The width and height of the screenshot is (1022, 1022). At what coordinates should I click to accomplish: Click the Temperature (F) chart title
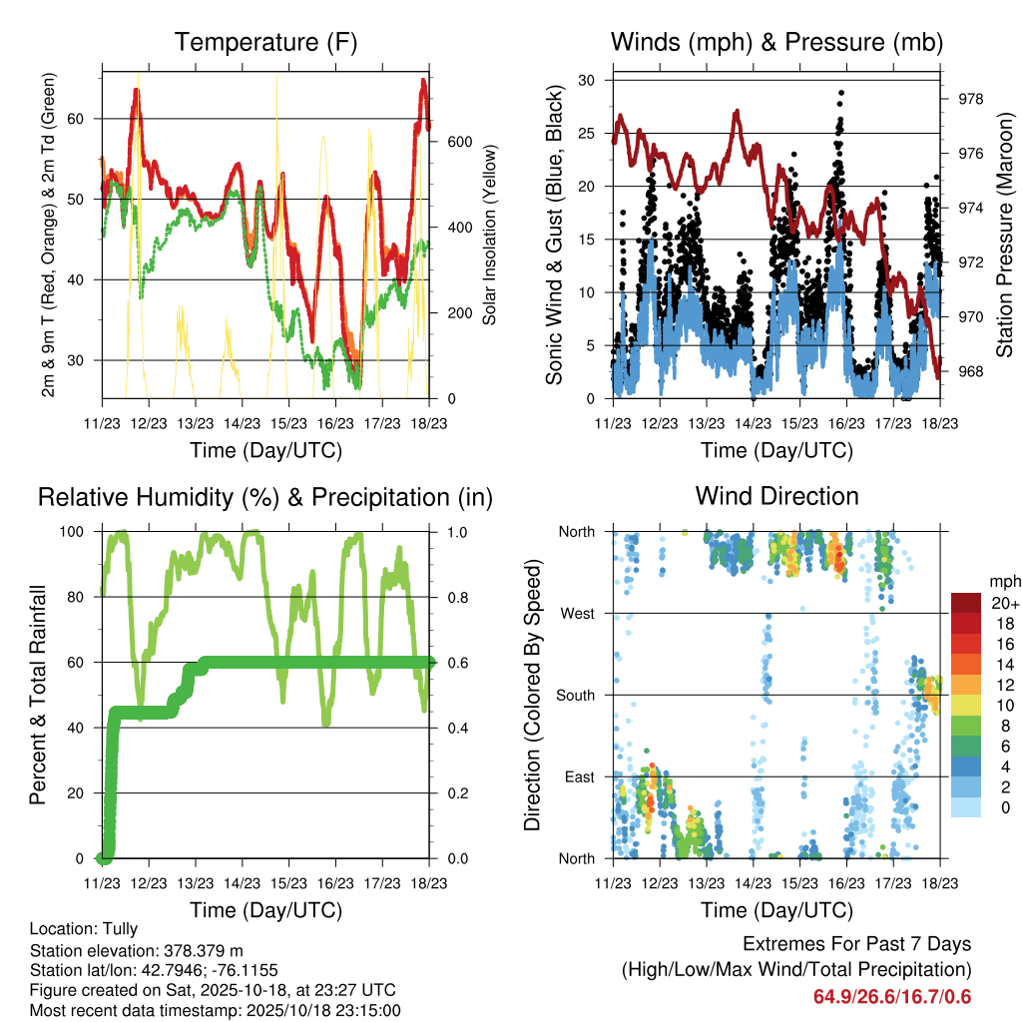click(x=265, y=43)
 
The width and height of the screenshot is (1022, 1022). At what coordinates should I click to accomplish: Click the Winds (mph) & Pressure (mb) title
click(x=776, y=43)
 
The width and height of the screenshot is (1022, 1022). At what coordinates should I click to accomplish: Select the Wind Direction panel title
click(x=776, y=496)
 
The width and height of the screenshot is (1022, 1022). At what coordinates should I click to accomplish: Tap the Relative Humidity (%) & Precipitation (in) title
click(x=265, y=497)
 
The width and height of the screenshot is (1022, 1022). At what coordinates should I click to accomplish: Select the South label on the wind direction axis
click(x=576, y=695)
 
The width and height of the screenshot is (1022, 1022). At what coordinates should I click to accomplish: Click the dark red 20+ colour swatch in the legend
click(x=966, y=603)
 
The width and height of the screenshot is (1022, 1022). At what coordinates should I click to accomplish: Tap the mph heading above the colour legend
click(x=1002, y=581)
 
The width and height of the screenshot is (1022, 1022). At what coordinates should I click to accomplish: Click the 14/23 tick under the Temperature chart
click(x=242, y=424)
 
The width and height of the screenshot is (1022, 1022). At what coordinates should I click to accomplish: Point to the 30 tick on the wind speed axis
click(x=588, y=80)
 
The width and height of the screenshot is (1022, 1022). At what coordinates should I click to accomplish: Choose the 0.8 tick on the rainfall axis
click(x=455, y=598)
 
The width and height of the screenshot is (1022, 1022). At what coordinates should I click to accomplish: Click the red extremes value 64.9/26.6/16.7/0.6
click(x=891, y=997)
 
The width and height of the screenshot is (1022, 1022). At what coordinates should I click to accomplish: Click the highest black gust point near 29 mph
click(x=841, y=92)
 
